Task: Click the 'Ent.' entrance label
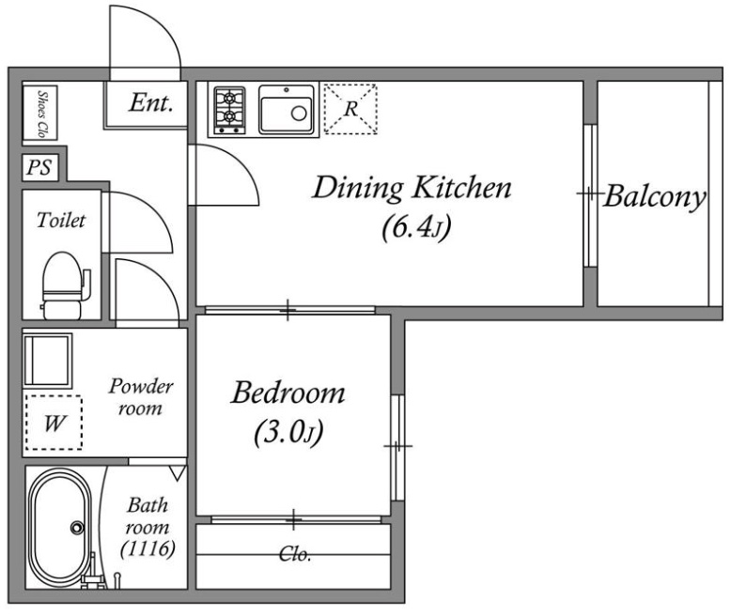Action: [x=151, y=103]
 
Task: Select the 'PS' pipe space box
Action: [x=40, y=167]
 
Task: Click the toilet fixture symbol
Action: [x=64, y=285]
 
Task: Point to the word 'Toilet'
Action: [x=61, y=220]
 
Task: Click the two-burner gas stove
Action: [x=229, y=110]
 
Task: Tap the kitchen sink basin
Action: [x=287, y=110]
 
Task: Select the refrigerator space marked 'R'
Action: [x=350, y=109]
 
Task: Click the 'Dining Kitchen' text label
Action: [x=412, y=188]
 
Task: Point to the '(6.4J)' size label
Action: [x=416, y=228]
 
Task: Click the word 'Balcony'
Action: [x=655, y=197]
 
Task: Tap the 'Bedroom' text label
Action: [x=288, y=393]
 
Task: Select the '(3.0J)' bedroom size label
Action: [x=288, y=433]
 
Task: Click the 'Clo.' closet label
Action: [x=295, y=554]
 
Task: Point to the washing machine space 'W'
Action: [x=54, y=423]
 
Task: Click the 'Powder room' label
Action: [x=141, y=397]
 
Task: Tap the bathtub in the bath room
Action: [x=59, y=527]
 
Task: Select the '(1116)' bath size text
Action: [x=148, y=549]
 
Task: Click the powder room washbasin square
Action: [x=48, y=361]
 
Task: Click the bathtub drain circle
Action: [x=77, y=528]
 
